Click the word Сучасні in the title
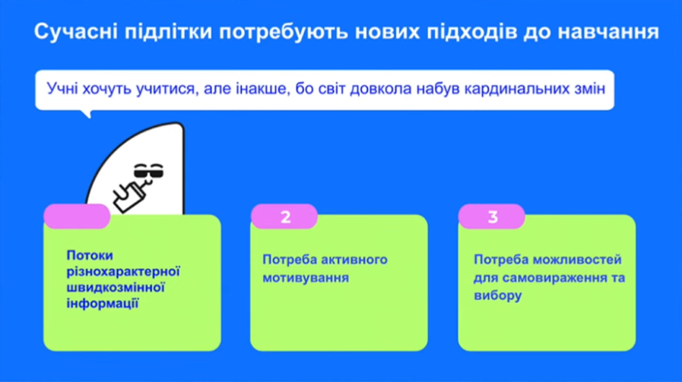click(76, 32)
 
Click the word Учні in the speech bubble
click(62, 89)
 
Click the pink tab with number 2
click(284, 216)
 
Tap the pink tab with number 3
click(492, 216)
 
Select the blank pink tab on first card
click(77, 216)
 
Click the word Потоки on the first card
click(90, 255)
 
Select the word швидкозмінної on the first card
click(116, 287)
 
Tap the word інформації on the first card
click(103, 303)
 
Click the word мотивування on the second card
click(306, 277)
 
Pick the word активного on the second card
click(350, 260)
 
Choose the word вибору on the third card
click(497, 295)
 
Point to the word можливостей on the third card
click(577, 260)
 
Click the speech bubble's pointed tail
click(87, 113)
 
